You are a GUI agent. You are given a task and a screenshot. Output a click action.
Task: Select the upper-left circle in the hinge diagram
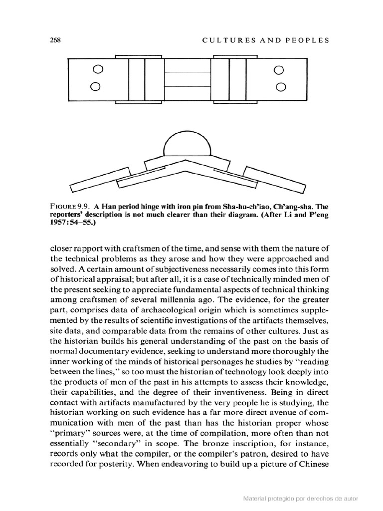98,69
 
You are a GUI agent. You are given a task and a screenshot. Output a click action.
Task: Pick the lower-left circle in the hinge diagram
95,87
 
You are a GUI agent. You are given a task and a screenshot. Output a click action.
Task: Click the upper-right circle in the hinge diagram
279,69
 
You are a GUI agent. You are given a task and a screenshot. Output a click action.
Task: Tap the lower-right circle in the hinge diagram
281,88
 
